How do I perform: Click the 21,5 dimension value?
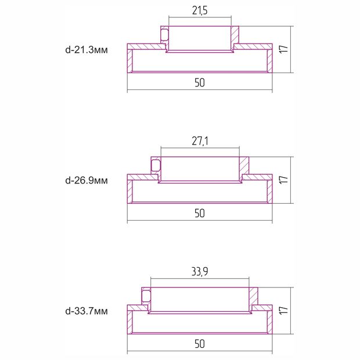pos(200,10)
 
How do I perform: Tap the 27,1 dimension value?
pos(200,141)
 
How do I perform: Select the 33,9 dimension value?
pos(200,272)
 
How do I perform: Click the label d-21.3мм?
pos(87,50)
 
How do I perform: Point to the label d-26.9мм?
pos(87,181)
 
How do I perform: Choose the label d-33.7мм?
pos(87,311)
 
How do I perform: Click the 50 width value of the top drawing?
pos(200,82)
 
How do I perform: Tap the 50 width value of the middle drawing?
pos(200,213)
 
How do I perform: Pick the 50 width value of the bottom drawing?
pos(200,344)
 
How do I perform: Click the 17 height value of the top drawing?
pos(283,49)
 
